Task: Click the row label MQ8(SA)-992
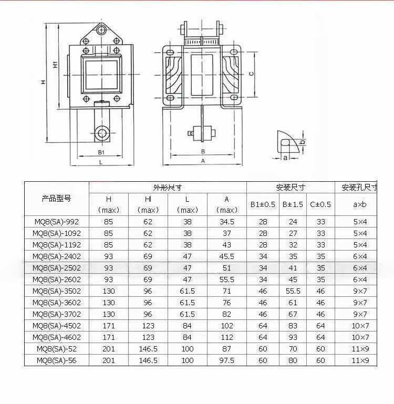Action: point(57,222)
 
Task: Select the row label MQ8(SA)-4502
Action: point(57,326)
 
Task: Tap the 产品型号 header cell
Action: point(56,199)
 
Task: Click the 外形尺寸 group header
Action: point(168,188)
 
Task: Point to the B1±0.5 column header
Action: point(263,204)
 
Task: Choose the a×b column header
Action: point(360,204)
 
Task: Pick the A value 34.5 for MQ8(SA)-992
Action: point(227,222)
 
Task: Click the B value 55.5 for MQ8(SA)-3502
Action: point(293,291)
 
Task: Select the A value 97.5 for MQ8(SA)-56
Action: point(227,360)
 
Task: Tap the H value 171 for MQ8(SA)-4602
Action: point(109,337)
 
